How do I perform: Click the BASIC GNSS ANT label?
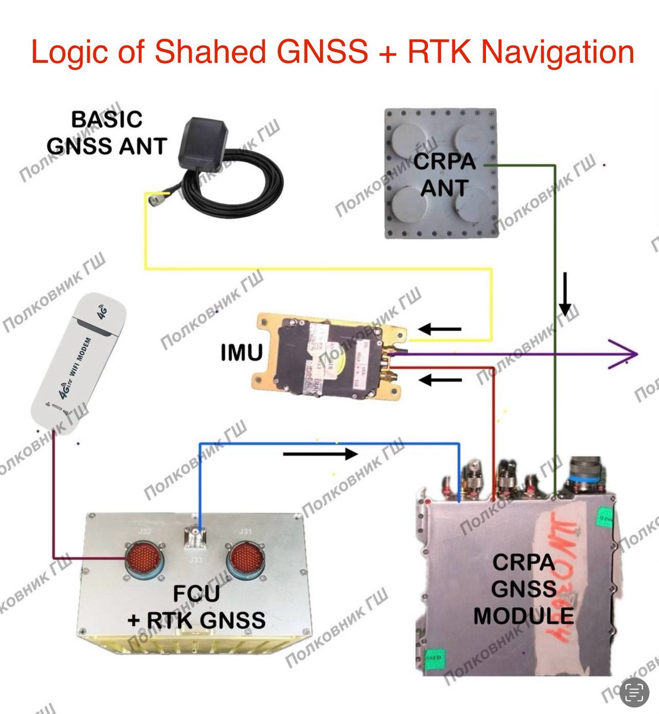tap(107, 132)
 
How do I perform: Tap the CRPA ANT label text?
tap(444, 175)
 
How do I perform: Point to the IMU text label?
tap(241, 353)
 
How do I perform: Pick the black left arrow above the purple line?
tap(440, 328)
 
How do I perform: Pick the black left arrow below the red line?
tap(440, 380)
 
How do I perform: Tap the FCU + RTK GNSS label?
tap(196, 607)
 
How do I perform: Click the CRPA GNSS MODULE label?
tap(523, 589)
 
